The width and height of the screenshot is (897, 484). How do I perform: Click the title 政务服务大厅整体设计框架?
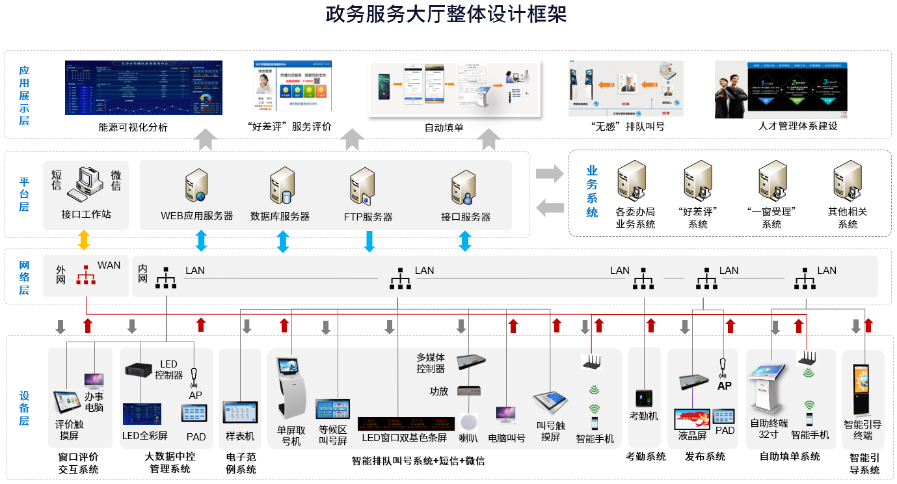click(x=446, y=15)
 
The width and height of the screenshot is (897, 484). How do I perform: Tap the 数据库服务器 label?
click(x=280, y=217)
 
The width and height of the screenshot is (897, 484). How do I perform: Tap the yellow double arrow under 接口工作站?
click(x=84, y=240)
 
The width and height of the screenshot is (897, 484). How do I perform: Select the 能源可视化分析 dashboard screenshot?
click(x=144, y=88)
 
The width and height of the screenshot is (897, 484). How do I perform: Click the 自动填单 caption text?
click(x=444, y=128)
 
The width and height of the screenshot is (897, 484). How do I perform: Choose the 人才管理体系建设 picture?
click(x=781, y=89)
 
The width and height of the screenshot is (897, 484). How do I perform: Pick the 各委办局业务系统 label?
click(x=636, y=218)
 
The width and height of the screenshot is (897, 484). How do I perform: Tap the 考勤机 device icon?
click(x=643, y=397)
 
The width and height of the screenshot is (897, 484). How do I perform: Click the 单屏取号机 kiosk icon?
click(x=291, y=387)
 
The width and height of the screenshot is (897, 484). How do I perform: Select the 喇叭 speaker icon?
click(x=468, y=420)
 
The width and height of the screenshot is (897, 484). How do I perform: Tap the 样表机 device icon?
click(x=240, y=412)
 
